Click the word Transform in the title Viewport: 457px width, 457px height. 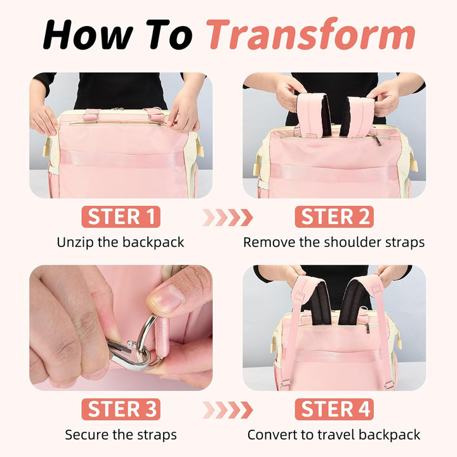310,34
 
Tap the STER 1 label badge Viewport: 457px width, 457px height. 121,217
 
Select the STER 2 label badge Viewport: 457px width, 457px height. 334,217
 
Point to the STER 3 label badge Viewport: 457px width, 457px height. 121,409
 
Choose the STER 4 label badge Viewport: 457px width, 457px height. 334,409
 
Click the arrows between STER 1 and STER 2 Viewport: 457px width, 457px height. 228,218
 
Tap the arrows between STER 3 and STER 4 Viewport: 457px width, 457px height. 228,410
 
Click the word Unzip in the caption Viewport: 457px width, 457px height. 75,242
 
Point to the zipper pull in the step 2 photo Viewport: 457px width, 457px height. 377,140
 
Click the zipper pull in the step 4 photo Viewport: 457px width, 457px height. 368,328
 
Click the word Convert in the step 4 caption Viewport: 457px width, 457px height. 272,435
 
